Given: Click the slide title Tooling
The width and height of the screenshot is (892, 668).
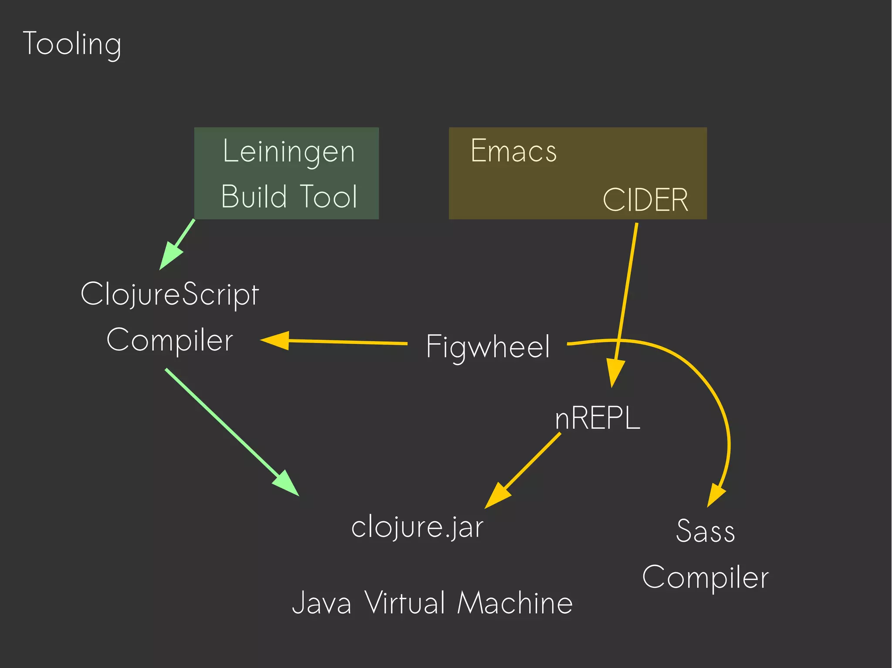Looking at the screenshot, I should (x=72, y=44).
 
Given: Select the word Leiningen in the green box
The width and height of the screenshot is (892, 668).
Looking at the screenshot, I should (x=289, y=152).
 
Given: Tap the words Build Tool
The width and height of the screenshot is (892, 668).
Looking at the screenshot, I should (x=289, y=197).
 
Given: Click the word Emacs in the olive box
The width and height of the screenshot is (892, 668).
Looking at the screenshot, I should (x=514, y=151).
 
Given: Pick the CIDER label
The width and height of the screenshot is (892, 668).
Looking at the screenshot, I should (x=645, y=200).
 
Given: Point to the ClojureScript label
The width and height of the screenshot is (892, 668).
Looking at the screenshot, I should (x=170, y=294).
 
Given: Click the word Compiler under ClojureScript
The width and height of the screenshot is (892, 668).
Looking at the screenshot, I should (x=170, y=340).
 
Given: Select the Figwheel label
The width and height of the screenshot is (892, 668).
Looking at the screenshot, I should (x=488, y=347).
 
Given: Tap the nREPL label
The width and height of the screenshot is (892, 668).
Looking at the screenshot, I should (x=597, y=418).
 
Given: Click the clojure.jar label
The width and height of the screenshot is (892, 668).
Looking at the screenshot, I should (x=417, y=527).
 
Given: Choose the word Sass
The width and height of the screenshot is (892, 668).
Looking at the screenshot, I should (x=705, y=531).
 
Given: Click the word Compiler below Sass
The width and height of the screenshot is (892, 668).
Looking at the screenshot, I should (x=705, y=577).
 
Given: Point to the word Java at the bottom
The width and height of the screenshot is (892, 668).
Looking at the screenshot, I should (x=321, y=603).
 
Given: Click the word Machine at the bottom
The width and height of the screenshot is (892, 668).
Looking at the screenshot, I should (x=515, y=603).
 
